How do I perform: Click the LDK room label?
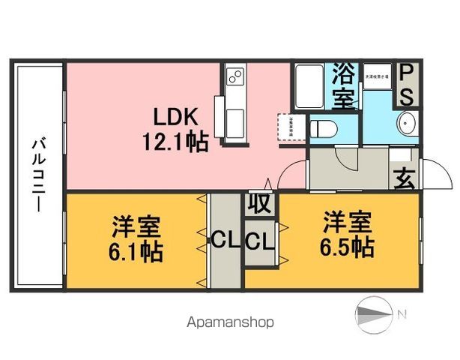175,117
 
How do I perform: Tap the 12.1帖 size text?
175,140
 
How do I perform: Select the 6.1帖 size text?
136,250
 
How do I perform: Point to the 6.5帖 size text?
347,247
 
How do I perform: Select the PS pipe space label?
406,85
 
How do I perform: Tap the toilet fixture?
324,127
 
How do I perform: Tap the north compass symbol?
372,313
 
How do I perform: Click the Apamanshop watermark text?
229,322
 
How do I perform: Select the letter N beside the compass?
402,313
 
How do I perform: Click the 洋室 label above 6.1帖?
136,226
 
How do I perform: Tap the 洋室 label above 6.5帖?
347,223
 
